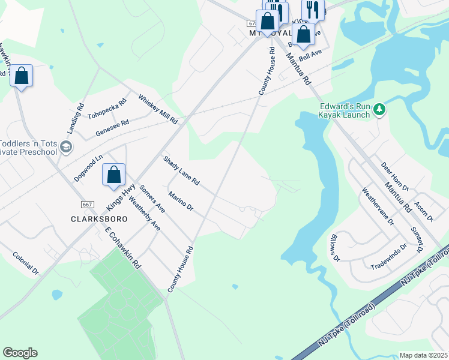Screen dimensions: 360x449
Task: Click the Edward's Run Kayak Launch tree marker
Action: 379,110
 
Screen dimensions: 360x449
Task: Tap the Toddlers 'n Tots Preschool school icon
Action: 66,146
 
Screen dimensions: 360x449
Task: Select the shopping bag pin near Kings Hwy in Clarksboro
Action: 113,175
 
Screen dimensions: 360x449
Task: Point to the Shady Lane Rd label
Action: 181,170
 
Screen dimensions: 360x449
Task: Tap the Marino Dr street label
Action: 180,201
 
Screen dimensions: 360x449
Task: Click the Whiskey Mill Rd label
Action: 158,109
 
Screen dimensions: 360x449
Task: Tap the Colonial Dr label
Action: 25,263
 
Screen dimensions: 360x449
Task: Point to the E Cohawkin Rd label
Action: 122,247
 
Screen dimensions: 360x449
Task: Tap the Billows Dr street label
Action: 334,248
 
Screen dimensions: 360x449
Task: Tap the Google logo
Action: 20,353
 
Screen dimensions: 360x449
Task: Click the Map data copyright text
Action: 423,355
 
